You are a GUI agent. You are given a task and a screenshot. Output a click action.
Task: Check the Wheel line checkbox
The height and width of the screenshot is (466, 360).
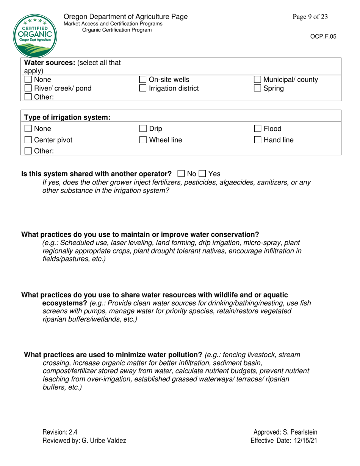pos(143,140)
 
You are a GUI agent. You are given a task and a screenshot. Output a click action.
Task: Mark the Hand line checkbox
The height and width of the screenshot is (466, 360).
pos(258,140)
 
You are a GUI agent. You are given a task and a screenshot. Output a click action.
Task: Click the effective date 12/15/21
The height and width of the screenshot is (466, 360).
pos(305,441)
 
